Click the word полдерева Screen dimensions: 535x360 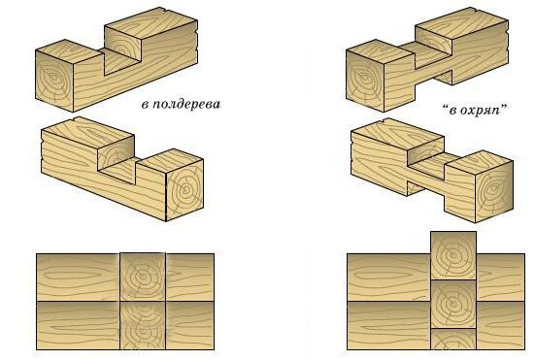pyautogui.click(x=185, y=104)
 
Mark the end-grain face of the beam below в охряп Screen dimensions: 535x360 pyautogui.click(x=495, y=191)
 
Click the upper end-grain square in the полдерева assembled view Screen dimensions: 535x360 pyautogui.click(x=143, y=277)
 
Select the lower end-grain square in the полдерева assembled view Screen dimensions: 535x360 pyautogui.click(x=143, y=326)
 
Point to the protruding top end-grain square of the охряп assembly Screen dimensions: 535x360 pyautogui.click(x=453, y=255)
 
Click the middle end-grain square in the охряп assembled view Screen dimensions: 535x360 pyautogui.click(x=453, y=305)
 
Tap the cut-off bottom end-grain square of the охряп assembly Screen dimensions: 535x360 pyautogui.click(x=453, y=340)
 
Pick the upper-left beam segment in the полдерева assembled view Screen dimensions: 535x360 pyautogui.click(x=78, y=277)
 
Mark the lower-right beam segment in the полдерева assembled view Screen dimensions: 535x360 pyautogui.click(x=190, y=326)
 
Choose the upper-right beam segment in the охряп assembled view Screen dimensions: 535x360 pyautogui.click(x=501, y=278)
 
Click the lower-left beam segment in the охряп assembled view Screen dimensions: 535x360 pyautogui.click(x=388, y=326)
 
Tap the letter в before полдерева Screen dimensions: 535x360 pyautogui.click(x=145, y=105)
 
